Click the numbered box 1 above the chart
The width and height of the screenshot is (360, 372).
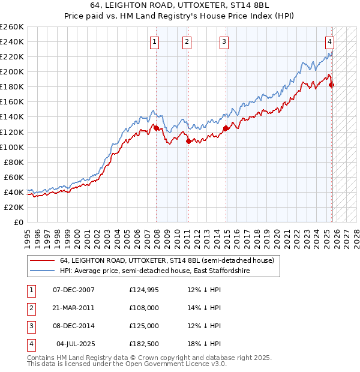pyautogui.click(x=155, y=41)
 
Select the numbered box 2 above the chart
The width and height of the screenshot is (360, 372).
pyautogui.click(x=187, y=41)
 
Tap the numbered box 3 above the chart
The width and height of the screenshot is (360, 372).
pyautogui.click(x=224, y=41)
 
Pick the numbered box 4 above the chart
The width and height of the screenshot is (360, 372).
pyautogui.click(x=330, y=41)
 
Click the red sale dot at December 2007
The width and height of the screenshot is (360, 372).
pyautogui.click(x=156, y=128)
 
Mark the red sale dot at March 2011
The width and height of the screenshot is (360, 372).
pyautogui.click(x=188, y=141)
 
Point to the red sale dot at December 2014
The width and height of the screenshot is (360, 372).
pyautogui.click(x=226, y=128)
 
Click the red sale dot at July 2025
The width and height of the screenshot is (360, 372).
pyautogui.click(x=332, y=85)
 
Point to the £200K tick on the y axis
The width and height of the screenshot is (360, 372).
pyautogui.click(x=12, y=71)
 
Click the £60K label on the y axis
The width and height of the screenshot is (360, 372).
pyautogui.click(x=14, y=177)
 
